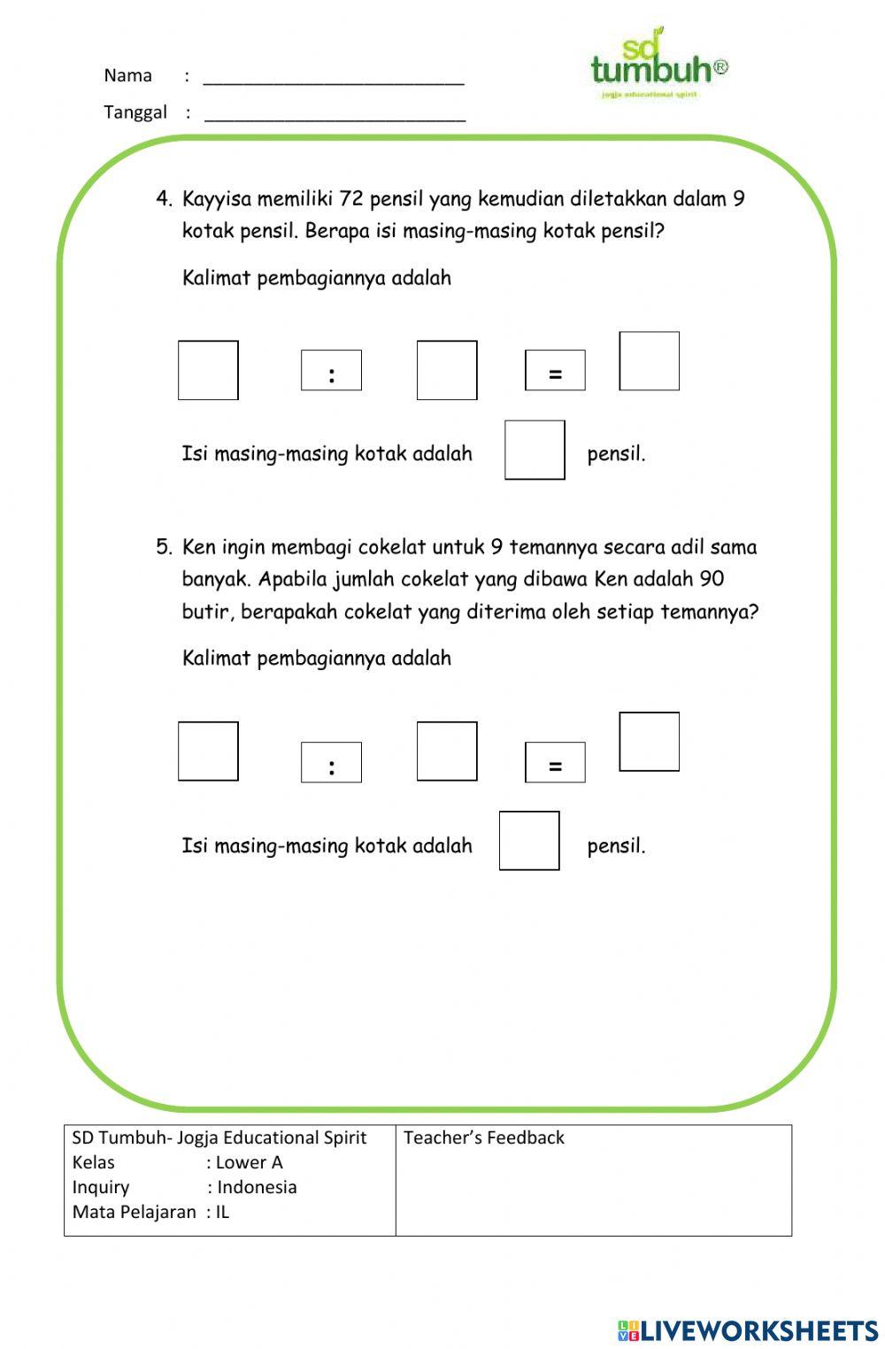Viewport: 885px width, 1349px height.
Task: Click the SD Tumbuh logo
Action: coord(658,65)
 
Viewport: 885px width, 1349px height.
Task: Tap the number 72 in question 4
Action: coord(351,199)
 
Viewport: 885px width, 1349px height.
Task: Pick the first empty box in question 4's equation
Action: coord(208,370)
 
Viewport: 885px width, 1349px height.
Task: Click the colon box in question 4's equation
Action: coord(331,371)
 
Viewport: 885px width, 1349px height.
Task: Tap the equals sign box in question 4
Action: coord(555,371)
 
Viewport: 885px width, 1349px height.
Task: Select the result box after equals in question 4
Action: coord(649,361)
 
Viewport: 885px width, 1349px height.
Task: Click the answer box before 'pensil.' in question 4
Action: coord(535,450)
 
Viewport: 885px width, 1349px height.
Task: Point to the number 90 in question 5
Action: coord(712,580)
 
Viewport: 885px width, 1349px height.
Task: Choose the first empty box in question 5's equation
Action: coord(208,751)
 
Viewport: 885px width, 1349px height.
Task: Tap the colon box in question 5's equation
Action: coord(331,762)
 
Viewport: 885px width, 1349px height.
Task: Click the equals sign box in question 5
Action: coord(555,762)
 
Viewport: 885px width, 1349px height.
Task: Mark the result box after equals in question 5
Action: coord(649,742)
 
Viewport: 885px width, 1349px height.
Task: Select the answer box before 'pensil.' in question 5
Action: coord(529,841)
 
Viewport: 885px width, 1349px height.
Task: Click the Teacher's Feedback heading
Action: coord(483,1137)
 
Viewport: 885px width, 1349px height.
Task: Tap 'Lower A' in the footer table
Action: coord(250,1162)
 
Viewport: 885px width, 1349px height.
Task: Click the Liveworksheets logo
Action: coord(748,1330)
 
